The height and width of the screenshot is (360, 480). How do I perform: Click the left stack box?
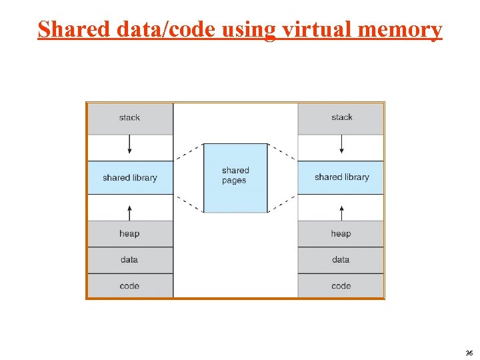click(129, 118)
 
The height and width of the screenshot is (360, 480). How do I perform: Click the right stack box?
click(341, 118)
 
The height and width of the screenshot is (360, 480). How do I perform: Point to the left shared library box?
click(129, 178)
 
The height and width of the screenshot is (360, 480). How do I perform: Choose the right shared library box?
click(341, 177)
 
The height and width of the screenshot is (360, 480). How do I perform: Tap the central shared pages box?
click(235, 177)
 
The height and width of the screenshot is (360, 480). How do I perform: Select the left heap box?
click(129, 234)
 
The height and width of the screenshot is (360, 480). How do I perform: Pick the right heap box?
click(341, 234)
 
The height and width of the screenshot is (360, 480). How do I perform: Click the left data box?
click(129, 260)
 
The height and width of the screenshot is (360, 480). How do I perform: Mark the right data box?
click(341, 260)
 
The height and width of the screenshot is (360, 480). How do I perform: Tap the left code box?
click(129, 286)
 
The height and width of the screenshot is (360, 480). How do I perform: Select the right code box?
click(341, 286)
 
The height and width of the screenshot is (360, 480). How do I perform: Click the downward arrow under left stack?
click(130, 145)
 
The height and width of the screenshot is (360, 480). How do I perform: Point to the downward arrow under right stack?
click(341, 145)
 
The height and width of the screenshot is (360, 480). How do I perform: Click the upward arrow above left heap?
click(130, 212)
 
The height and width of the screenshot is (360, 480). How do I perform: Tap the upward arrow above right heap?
click(341, 212)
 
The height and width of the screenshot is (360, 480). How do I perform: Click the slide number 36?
click(469, 353)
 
